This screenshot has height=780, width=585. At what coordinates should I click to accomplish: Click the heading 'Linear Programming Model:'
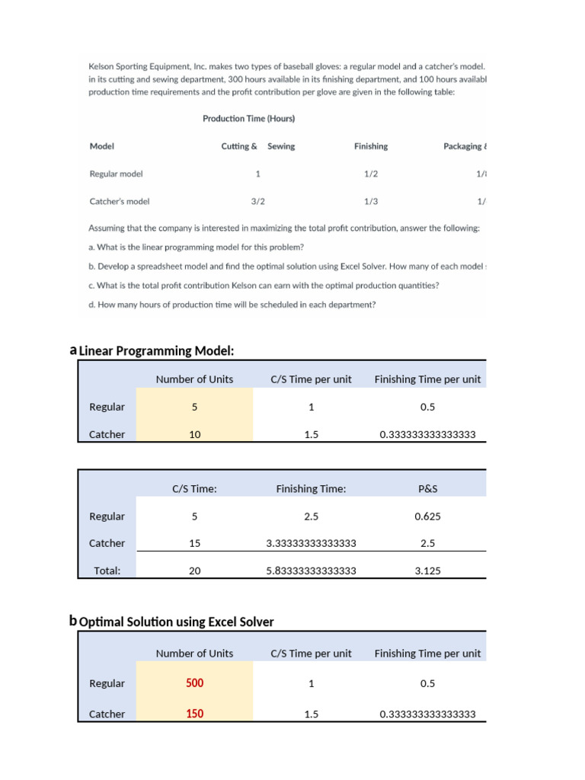[156, 350]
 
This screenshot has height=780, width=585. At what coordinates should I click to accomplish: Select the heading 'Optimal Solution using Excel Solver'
[176, 622]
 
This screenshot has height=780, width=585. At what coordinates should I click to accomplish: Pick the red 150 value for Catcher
[194, 714]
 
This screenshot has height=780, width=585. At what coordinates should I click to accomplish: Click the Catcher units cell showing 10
[194, 434]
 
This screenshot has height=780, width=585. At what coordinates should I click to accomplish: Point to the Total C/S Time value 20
[194, 571]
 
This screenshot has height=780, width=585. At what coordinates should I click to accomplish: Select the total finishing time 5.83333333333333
[311, 571]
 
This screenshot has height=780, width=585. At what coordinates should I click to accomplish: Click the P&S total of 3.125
[427, 571]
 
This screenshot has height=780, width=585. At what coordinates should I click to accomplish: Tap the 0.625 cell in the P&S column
[427, 516]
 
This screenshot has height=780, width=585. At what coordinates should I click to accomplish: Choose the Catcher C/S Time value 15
[194, 543]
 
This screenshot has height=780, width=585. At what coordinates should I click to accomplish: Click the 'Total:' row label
[107, 571]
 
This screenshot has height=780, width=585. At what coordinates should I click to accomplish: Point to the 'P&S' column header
[427, 489]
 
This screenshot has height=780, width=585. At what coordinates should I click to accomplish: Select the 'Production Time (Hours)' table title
[248, 119]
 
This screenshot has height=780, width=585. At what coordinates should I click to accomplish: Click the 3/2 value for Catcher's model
[257, 202]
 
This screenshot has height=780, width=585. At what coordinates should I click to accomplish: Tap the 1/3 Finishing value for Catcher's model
[371, 202]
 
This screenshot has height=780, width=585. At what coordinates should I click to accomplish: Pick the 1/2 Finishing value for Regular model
[371, 174]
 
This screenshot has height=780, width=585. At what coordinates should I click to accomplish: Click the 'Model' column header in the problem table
[101, 146]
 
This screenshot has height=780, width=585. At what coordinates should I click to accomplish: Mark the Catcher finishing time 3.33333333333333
[311, 543]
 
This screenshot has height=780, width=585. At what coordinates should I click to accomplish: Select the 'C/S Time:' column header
[194, 489]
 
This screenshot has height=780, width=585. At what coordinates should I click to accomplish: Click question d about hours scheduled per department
[232, 305]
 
